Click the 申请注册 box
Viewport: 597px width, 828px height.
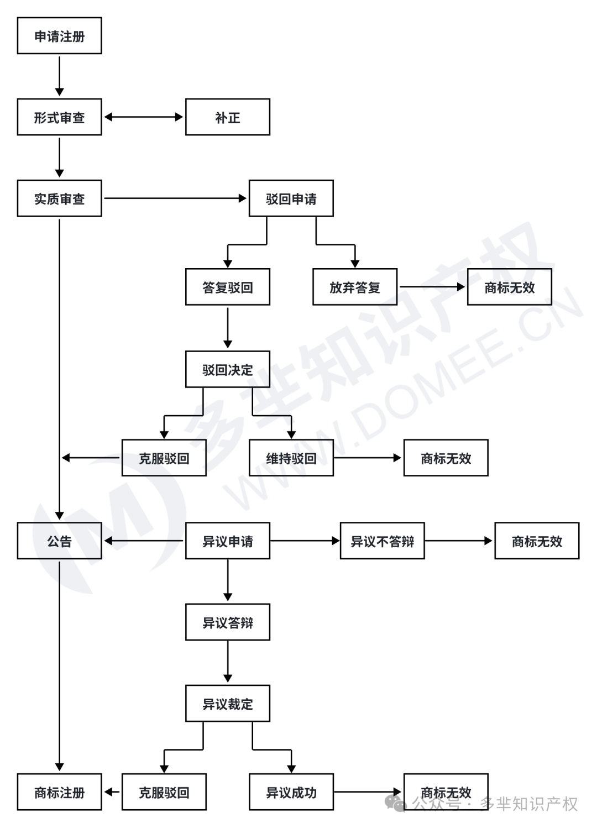click(x=59, y=36)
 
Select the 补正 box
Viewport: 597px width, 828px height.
click(x=227, y=117)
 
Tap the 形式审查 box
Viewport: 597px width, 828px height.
click(x=59, y=117)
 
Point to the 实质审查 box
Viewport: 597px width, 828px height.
click(x=59, y=198)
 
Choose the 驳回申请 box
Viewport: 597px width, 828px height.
click(x=291, y=198)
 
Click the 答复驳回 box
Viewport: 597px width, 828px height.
click(x=227, y=287)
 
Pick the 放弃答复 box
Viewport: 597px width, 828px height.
click(x=354, y=287)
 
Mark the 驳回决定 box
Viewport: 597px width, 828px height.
click(x=227, y=369)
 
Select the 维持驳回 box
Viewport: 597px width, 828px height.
click(x=291, y=458)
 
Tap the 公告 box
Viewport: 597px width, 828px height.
click(x=59, y=541)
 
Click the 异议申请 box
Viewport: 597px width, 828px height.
click(x=227, y=541)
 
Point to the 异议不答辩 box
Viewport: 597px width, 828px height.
click(x=382, y=541)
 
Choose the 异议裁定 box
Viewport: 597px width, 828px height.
click(x=227, y=704)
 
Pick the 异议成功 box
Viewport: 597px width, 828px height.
click(x=291, y=792)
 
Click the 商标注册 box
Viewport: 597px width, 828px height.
click(x=59, y=792)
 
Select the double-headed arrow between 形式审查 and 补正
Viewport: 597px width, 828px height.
click(x=144, y=117)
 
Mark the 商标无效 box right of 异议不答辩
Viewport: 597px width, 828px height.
click(x=536, y=541)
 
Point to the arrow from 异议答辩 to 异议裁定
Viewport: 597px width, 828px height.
click(x=227, y=662)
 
